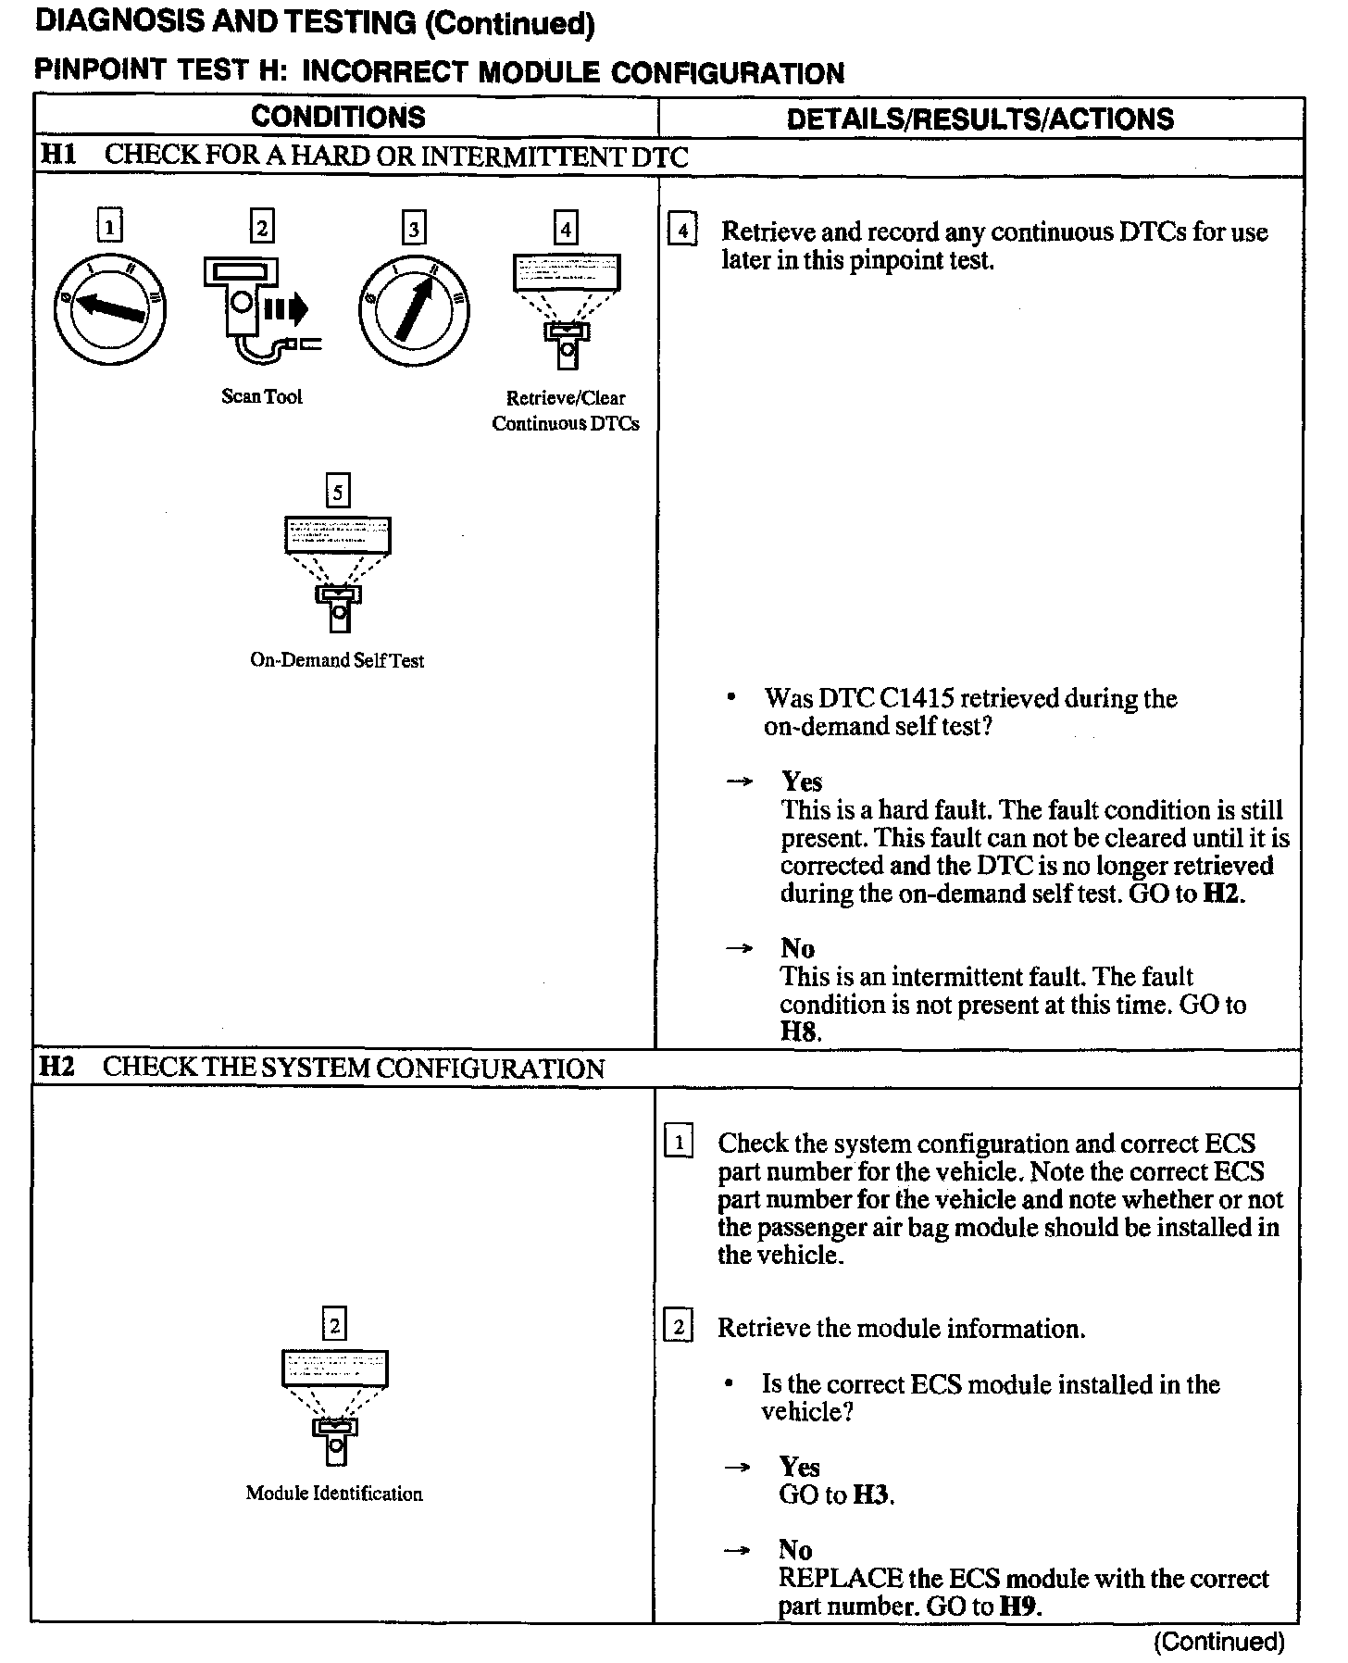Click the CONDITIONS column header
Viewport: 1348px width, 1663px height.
tap(338, 117)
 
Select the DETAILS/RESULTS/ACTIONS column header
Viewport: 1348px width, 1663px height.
tap(980, 119)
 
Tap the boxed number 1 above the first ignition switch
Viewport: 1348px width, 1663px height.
tap(109, 226)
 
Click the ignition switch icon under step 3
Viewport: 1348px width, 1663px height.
tap(414, 311)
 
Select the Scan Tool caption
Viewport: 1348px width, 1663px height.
tap(262, 396)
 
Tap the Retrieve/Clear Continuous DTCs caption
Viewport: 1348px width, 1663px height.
tap(566, 410)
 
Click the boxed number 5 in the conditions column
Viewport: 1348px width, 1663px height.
tap(338, 491)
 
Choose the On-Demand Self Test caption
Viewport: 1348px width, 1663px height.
tap(337, 660)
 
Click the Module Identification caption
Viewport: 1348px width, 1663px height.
tap(334, 1494)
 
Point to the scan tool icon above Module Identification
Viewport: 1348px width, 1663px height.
tap(334, 1407)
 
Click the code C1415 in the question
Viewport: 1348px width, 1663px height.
tap(921, 698)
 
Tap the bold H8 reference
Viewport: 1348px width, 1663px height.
tap(799, 1032)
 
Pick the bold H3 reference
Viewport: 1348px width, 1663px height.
tap(872, 1494)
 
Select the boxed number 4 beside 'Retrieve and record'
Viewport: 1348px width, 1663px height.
tap(682, 230)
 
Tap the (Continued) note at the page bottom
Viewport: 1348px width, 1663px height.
tap(1218, 1642)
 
